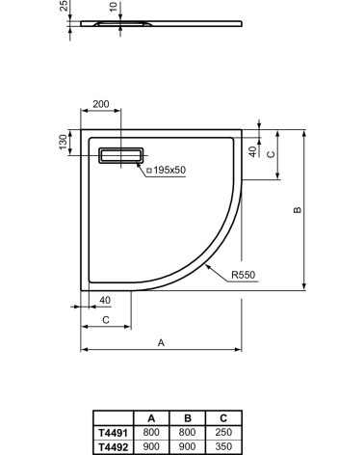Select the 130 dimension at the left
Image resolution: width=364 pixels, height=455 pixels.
pyautogui.click(x=64, y=143)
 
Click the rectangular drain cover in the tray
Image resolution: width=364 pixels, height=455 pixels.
pyautogui.click(x=121, y=153)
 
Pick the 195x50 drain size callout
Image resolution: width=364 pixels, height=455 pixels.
pyautogui.click(x=168, y=171)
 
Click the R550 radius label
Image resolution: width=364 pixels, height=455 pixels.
pyautogui.click(x=243, y=275)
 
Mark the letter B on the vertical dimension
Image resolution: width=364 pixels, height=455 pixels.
pyautogui.click(x=298, y=210)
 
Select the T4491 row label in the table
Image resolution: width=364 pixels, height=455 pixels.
pyautogui.click(x=110, y=434)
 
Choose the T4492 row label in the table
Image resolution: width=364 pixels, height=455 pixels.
pyautogui.click(x=110, y=446)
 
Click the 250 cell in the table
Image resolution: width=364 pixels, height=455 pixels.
pyautogui.click(x=223, y=434)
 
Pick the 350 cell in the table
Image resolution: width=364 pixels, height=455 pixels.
pyautogui.click(x=223, y=446)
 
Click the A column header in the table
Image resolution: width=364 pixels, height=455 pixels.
pyautogui.click(x=150, y=420)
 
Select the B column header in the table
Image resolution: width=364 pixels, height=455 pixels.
pyautogui.click(x=187, y=420)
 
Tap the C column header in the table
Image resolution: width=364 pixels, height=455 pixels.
pyautogui.click(x=223, y=420)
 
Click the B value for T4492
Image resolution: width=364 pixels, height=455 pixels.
pyautogui.click(x=187, y=446)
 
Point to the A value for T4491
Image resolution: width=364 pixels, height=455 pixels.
pyautogui.click(x=150, y=434)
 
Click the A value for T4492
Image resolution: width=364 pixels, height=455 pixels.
pyautogui.click(x=150, y=446)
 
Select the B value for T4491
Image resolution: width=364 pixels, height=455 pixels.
pyautogui.click(x=187, y=434)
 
